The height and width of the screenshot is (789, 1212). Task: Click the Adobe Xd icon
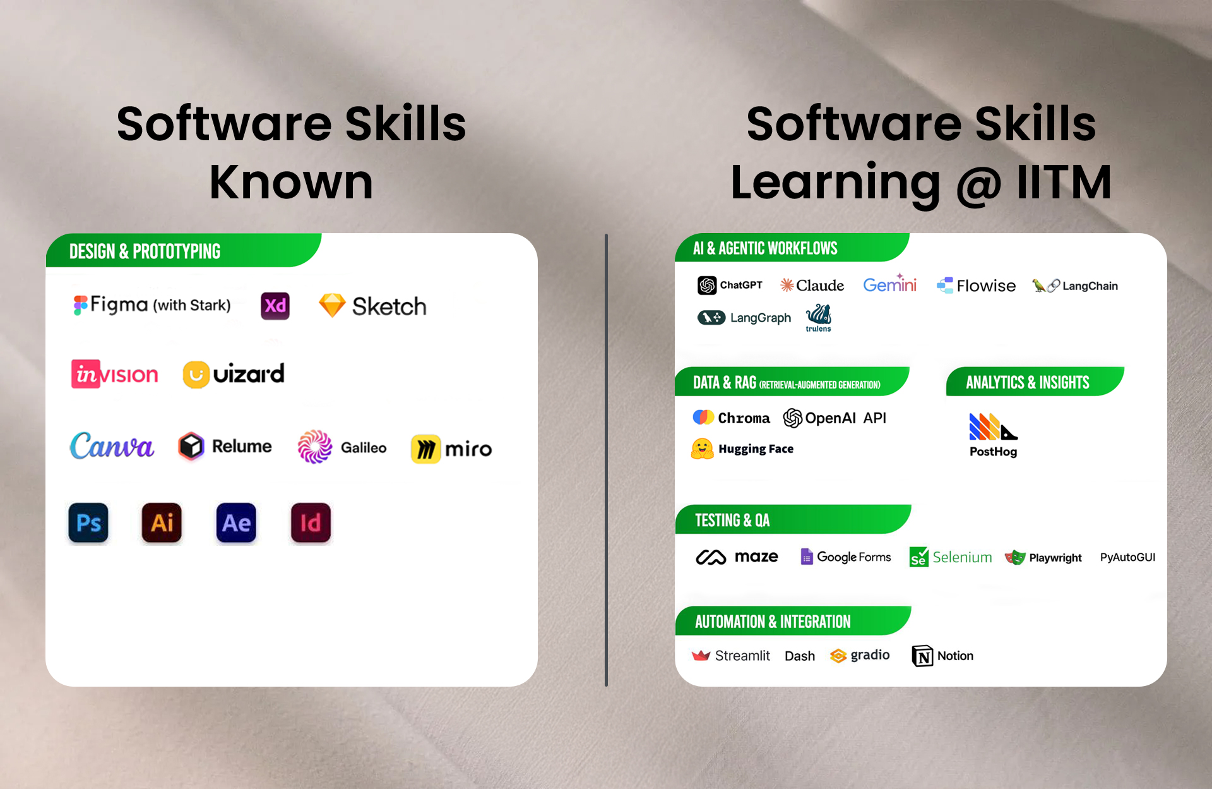(x=275, y=306)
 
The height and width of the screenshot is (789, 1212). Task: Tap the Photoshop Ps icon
(x=88, y=523)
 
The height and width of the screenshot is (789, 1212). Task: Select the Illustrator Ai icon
(x=162, y=523)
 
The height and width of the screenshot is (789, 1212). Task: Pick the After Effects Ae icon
(x=236, y=523)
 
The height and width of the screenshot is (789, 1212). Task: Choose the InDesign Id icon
(x=311, y=523)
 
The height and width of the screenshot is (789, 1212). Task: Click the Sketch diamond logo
(x=332, y=305)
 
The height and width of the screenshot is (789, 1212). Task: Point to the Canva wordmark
(x=112, y=446)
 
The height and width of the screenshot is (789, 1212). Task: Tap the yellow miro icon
(x=426, y=449)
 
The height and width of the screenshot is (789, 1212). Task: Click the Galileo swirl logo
(x=315, y=447)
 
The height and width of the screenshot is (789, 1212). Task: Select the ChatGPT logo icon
(x=707, y=286)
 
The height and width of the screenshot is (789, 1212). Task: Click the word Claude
(x=820, y=286)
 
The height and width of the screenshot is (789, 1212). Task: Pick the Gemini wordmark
(x=890, y=284)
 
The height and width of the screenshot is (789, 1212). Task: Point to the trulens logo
(x=819, y=318)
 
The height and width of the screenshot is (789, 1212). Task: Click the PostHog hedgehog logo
(x=994, y=426)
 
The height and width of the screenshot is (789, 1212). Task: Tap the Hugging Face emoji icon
(x=703, y=449)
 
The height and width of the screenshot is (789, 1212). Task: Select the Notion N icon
(x=922, y=656)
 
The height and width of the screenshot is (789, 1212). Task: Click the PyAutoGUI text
(x=1127, y=557)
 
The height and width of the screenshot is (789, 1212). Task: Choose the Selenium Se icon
(x=919, y=557)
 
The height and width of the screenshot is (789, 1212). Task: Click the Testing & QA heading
(x=732, y=520)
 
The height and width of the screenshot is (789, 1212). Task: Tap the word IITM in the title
(x=1064, y=182)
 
